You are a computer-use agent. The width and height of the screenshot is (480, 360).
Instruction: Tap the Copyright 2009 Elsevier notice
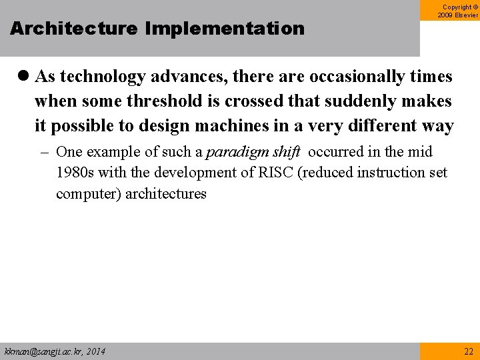coord(457,11)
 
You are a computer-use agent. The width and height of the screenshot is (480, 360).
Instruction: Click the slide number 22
coord(468,351)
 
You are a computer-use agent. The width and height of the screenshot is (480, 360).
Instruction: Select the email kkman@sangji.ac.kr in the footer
coord(41,351)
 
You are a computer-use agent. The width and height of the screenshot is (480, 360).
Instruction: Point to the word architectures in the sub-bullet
coord(166,194)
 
